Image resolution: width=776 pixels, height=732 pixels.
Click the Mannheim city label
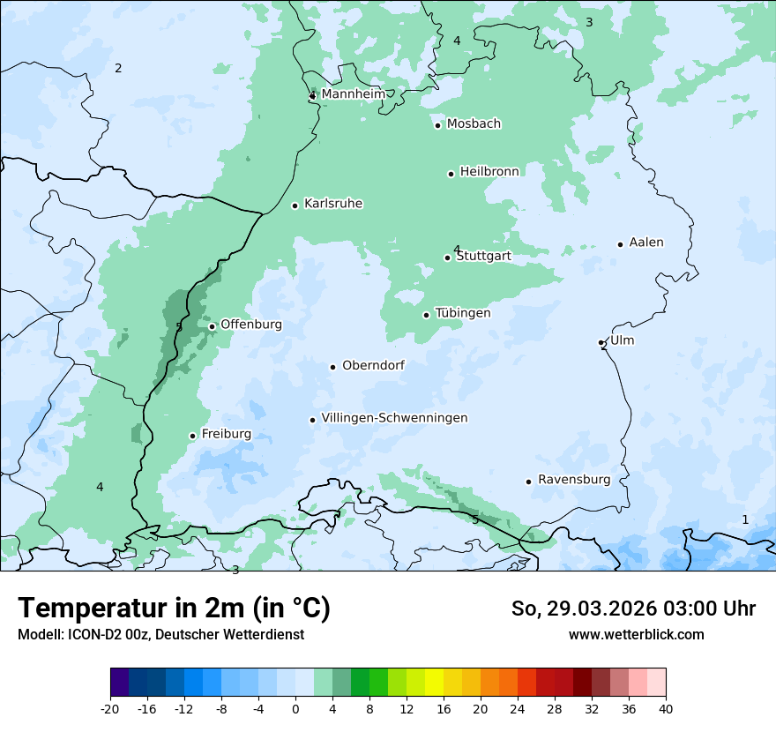coord(353,93)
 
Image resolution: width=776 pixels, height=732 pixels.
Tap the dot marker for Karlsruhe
coord(295,205)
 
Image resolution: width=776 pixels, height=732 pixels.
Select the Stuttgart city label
coord(483,257)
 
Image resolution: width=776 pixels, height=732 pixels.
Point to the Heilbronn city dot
coord(451,174)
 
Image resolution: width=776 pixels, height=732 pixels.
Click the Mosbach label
coord(474,123)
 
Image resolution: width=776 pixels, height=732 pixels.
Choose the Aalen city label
coord(646,243)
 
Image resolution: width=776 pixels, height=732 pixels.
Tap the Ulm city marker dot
coord(601,342)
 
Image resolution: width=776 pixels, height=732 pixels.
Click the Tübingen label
coord(463,313)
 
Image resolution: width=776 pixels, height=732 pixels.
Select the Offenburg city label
coord(251,325)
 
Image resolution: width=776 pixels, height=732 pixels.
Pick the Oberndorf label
coord(373,365)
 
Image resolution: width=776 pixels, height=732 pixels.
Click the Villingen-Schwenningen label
coord(394,418)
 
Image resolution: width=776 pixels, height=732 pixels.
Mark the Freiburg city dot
coord(192,436)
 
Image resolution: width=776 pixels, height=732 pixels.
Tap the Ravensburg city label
coord(574,480)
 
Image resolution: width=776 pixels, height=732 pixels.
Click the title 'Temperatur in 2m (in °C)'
coord(175,608)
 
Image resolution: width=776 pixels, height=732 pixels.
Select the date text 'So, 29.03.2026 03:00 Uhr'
coord(633,609)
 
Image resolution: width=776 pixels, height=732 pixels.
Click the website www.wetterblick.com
coord(636,634)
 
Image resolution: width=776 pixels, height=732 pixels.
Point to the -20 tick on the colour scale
coord(110,709)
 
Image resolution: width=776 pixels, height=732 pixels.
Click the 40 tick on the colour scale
coord(666,709)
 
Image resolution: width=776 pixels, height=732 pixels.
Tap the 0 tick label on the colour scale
coord(295,709)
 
